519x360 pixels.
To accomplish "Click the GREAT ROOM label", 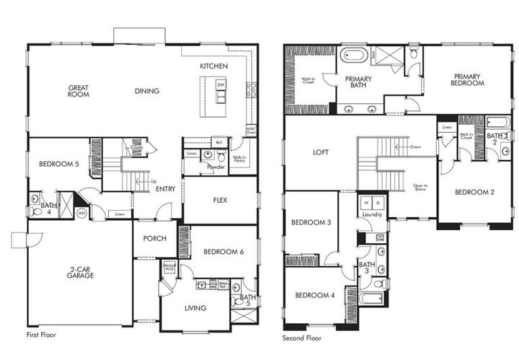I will [x=79, y=92].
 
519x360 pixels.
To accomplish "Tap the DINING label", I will [x=146, y=91].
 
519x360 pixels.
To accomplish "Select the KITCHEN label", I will [x=214, y=66].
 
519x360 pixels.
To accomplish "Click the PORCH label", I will [x=155, y=239].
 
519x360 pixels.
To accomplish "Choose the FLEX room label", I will [x=221, y=201].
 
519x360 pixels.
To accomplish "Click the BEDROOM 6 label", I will [x=221, y=252].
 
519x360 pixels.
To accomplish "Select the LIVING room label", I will [x=195, y=308].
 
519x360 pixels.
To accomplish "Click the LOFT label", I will [x=320, y=153].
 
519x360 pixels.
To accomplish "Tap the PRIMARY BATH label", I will [x=358, y=82].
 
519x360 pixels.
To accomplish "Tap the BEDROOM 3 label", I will [x=311, y=222].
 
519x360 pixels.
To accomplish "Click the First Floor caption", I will [x=41, y=335].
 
